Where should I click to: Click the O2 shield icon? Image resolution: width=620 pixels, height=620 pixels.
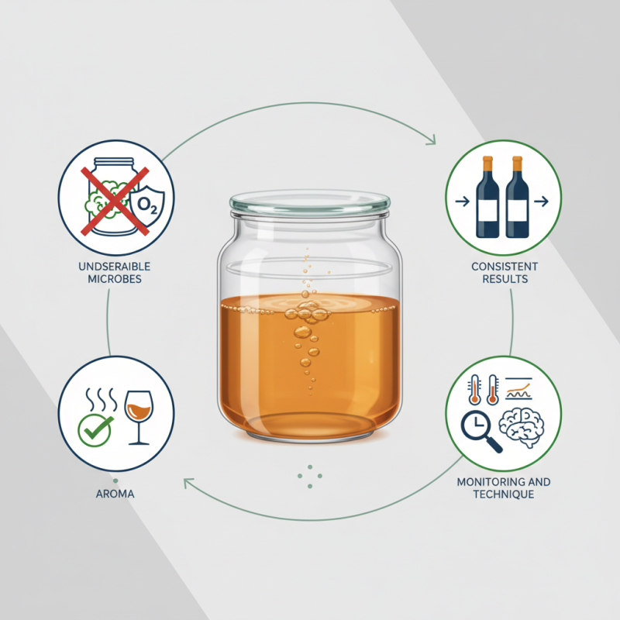[146, 204]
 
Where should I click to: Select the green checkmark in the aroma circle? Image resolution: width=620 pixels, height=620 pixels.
[96, 427]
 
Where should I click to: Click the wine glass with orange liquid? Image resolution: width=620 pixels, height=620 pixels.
[138, 414]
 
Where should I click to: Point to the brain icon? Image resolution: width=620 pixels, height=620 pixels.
[522, 425]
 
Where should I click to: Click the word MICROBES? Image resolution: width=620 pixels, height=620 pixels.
[115, 279]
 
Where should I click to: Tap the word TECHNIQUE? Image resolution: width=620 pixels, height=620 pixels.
[503, 494]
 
